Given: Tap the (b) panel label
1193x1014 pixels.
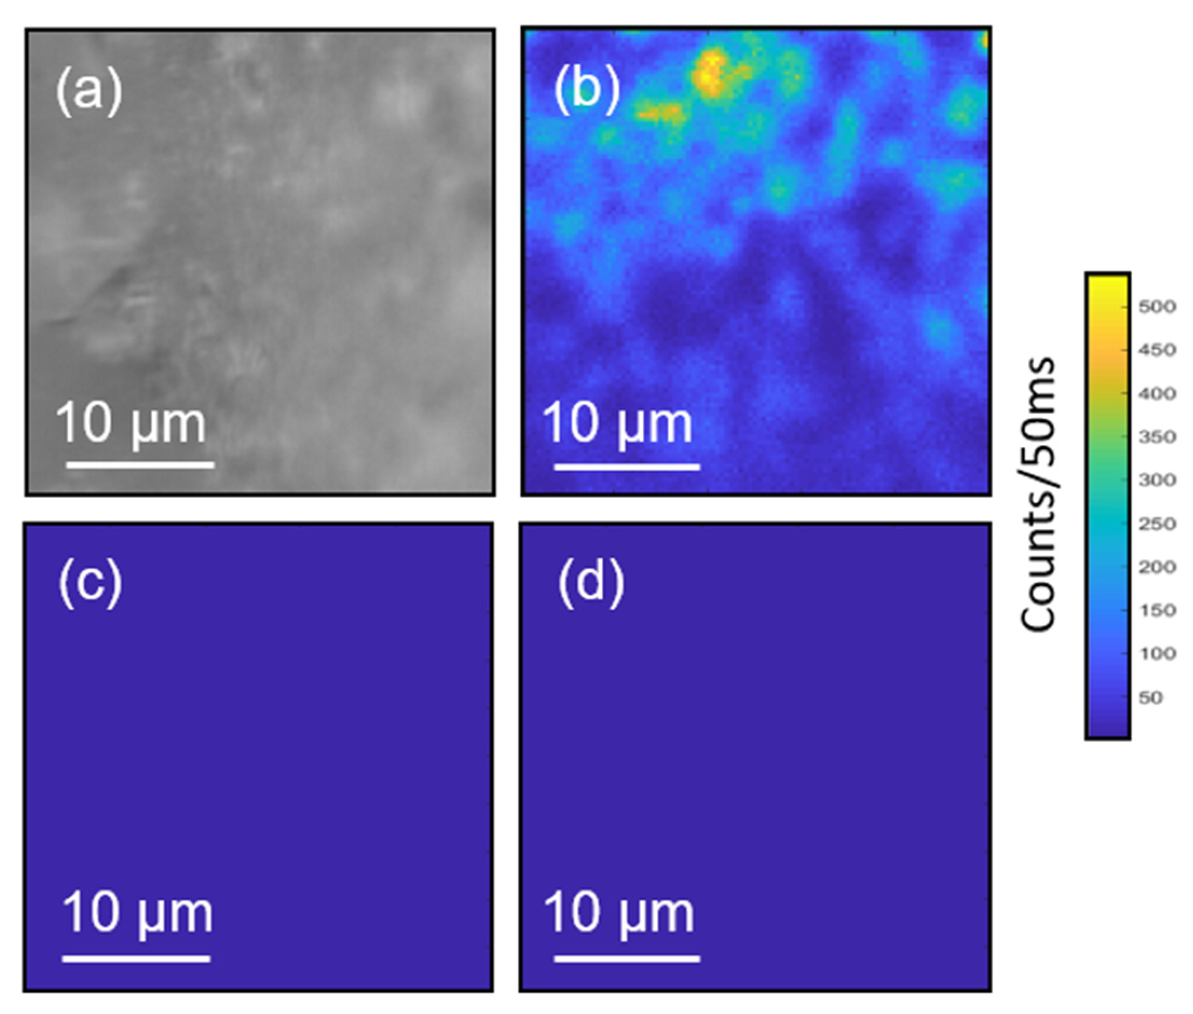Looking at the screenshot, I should pyautogui.click(x=586, y=91).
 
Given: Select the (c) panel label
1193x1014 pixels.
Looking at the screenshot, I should pyautogui.click(x=90, y=583).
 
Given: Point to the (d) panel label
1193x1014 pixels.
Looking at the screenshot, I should pyautogui.click(x=590, y=583).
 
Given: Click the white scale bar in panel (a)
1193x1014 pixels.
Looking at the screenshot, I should pyautogui.click(x=140, y=464).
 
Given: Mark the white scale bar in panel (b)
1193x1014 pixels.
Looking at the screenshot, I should pyautogui.click(x=626, y=466).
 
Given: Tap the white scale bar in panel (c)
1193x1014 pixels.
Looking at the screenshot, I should pyautogui.click(x=137, y=958).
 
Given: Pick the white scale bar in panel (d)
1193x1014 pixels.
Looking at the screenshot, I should pyautogui.click(x=626, y=958).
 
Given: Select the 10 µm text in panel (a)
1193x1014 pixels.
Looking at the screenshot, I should pyautogui.click(x=131, y=423).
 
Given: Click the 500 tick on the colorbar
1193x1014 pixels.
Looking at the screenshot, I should pyautogui.click(x=1157, y=306).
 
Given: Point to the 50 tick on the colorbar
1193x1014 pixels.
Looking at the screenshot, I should pyautogui.click(x=1150, y=697).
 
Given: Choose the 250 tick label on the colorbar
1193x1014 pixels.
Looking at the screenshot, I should pyautogui.click(x=1157, y=524).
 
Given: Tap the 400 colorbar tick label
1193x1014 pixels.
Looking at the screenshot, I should pyautogui.click(x=1157, y=393).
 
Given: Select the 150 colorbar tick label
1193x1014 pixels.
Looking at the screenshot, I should pyautogui.click(x=1157, y=610).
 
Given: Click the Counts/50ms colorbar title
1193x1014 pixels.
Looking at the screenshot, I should pyautogui.click(x=1038, y=495).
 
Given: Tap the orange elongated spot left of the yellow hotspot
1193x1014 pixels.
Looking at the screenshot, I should pyautogui.click(x=659, y=113).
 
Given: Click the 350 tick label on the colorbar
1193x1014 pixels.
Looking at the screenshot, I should pyautogui.click(x=1157, y=437).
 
